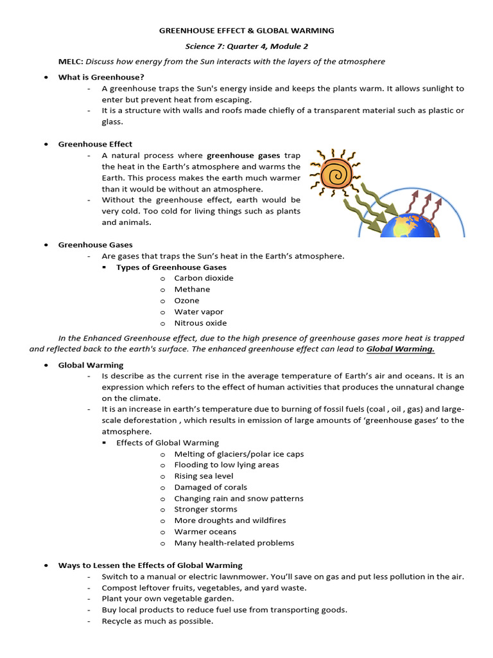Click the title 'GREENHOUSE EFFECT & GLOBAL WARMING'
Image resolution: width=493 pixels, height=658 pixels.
[x=246, y=30]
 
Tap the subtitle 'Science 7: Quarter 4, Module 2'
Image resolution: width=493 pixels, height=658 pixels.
[x=246, y=46]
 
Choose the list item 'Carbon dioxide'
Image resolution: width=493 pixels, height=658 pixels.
[x=203, y=278]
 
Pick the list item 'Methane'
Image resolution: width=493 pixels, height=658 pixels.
[x=192, y=289]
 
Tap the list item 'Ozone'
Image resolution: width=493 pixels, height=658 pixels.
[x=187, y=301]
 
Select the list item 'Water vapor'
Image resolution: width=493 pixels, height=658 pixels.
[x=199, y=312]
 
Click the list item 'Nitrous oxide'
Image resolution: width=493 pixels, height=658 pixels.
[x=200, y=323]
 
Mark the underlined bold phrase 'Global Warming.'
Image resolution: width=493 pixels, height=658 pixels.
[x=401, y=349]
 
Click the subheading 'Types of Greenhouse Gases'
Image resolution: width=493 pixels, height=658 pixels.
[x=171, y=267]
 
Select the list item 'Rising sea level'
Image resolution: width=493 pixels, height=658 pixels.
[x=203, y=476]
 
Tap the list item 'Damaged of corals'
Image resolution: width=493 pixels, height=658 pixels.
[x=211, y=487]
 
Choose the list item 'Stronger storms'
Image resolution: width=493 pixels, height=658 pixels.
[x=206, y=510]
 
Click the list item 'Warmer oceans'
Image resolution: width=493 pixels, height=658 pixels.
[x=205, y=531]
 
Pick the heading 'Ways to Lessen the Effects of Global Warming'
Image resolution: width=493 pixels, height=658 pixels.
[x=150, y=565]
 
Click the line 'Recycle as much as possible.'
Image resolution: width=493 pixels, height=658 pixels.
[x=157, y=621]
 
